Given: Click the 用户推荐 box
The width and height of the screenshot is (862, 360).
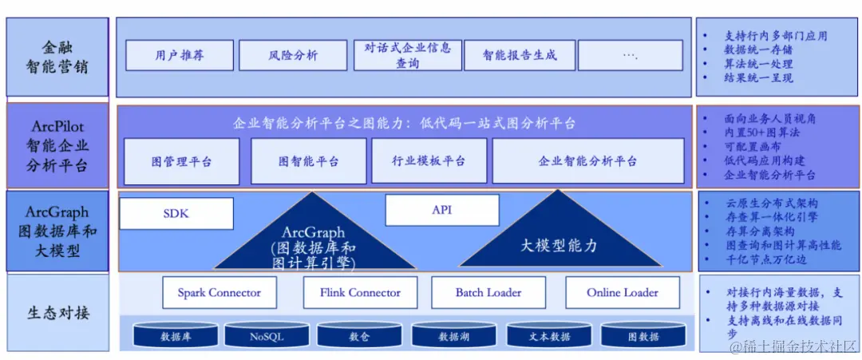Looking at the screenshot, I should tap(180, 55).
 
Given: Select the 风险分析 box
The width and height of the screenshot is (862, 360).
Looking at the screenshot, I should tap(293, 55).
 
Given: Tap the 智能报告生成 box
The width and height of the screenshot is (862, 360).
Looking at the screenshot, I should tap(519, 55).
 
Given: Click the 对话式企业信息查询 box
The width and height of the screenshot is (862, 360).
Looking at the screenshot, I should tap(406, 55).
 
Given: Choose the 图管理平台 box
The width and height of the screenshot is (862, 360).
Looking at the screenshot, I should tap(182, 161).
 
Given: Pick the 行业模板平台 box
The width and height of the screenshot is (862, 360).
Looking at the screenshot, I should tap(429, 161).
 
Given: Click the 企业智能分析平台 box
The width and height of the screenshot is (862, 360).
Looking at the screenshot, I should tap(588, 161).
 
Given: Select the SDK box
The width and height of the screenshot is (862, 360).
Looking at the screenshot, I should tap(176, 213).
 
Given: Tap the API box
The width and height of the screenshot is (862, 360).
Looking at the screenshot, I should tap(442, 210).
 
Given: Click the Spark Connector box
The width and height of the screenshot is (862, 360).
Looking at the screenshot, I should tap(219, 293).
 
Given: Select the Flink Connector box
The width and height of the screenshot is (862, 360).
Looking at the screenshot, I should tap(360, 293).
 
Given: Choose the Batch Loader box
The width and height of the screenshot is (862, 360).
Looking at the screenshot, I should tap(488, 293).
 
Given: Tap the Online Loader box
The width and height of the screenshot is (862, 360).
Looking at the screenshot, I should tap(623, 293).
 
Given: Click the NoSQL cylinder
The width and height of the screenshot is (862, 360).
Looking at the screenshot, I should tap(267, 336).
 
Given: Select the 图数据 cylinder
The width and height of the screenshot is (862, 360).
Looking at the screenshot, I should tap(643, 336).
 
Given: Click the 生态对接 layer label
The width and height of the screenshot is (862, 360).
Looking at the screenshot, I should tap(57, 312).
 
